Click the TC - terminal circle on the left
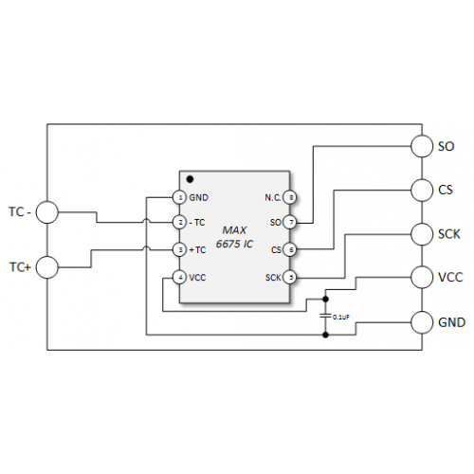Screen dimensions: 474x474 47,212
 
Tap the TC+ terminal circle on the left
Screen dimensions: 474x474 47,267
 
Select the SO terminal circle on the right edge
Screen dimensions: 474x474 422,146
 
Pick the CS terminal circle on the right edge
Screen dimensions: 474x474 422,190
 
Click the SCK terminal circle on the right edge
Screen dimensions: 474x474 422,234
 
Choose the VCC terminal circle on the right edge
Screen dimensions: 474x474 422,277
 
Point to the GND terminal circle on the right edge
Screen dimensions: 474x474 422,322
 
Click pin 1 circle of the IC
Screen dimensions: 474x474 180,197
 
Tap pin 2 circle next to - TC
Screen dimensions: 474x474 180,223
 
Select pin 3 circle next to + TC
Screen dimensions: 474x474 180,250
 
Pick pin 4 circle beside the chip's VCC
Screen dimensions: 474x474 180,278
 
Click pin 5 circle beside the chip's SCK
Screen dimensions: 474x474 290,278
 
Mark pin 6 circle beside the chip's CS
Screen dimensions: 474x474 290,250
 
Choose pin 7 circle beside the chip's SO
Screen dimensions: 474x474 290,223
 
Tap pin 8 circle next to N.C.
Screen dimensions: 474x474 290,197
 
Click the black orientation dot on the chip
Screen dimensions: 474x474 190,179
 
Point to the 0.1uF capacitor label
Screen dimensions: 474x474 341,317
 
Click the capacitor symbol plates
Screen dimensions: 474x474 325,316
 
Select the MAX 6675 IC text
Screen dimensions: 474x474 234,237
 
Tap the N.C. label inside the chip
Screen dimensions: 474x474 273,198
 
